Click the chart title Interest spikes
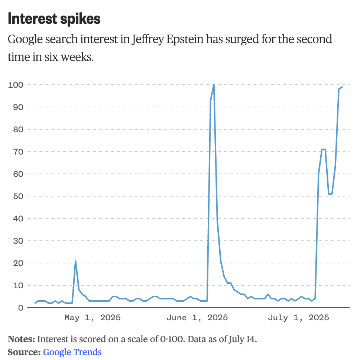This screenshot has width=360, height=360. coord(54,19)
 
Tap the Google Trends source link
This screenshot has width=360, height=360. coord(72,352)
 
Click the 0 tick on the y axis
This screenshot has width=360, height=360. coord(20,308)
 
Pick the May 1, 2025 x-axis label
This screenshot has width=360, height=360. coord(92,318)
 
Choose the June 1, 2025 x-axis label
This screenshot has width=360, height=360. coord(197,318)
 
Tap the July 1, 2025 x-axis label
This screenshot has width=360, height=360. coord(298,318)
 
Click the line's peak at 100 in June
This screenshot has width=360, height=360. coord(214,85)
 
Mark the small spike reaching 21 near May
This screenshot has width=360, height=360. coord(75,261)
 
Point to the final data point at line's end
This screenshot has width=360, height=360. coord(342,87)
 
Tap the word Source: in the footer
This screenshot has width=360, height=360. coord(24,352)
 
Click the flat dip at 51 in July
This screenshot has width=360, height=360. coord(330,194)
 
